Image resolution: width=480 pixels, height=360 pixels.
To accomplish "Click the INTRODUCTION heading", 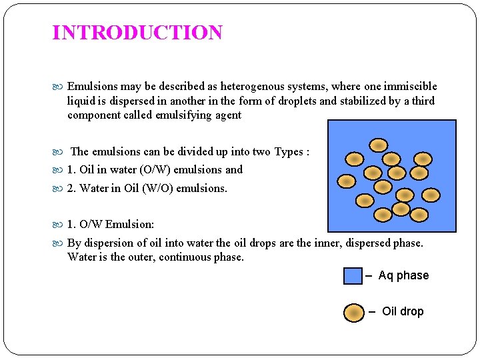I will [x=137, y=33].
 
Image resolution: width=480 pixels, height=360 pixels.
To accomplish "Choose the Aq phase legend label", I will [x=403, y=275].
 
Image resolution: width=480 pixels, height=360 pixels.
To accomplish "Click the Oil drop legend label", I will [x=402, y=311].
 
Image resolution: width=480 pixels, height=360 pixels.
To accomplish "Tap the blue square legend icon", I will [x=353, y=276].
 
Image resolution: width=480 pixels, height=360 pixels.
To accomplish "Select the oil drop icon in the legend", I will [x=354, y=312].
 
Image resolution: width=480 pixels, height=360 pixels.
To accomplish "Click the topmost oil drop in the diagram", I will [x=379, y=145].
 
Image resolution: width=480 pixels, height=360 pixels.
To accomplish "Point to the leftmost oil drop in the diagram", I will [x=345, y=181].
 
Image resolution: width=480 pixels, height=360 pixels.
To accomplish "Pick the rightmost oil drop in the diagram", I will [x=431, y=195].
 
